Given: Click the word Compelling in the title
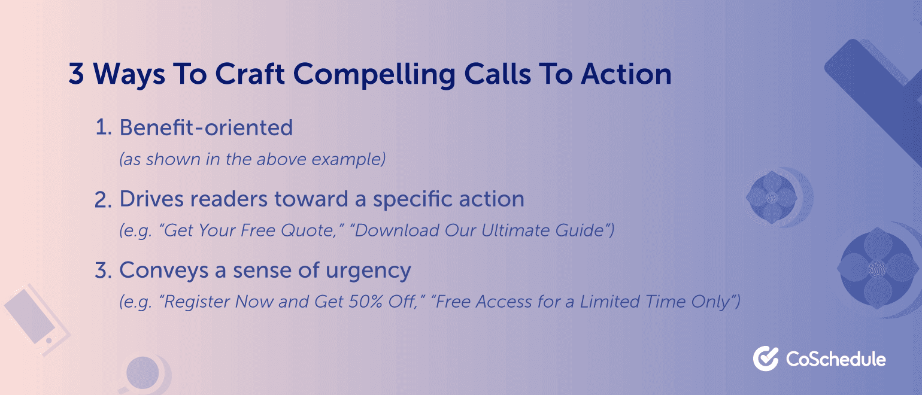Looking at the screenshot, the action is [x=374, y=75].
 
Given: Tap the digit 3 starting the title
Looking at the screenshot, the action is [x=76, y=74].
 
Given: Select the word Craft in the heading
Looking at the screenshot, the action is [x=250, y=74].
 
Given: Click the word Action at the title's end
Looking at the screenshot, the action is [x=626, y=74].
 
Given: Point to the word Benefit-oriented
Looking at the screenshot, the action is [x=206, y=127].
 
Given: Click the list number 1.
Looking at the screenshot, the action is [x=104, y=127].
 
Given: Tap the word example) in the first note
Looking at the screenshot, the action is [x=348, y=159].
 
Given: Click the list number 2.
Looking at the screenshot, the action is [x=104, y=199].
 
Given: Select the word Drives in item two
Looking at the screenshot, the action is [x=151, y=199].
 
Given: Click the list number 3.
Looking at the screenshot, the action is [x=104, y=271].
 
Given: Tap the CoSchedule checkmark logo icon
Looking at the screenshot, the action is [x=766, y=358].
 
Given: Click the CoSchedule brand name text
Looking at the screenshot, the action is [x=836, y=359].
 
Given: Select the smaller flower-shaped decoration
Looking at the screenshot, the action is [x=772, y=198].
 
